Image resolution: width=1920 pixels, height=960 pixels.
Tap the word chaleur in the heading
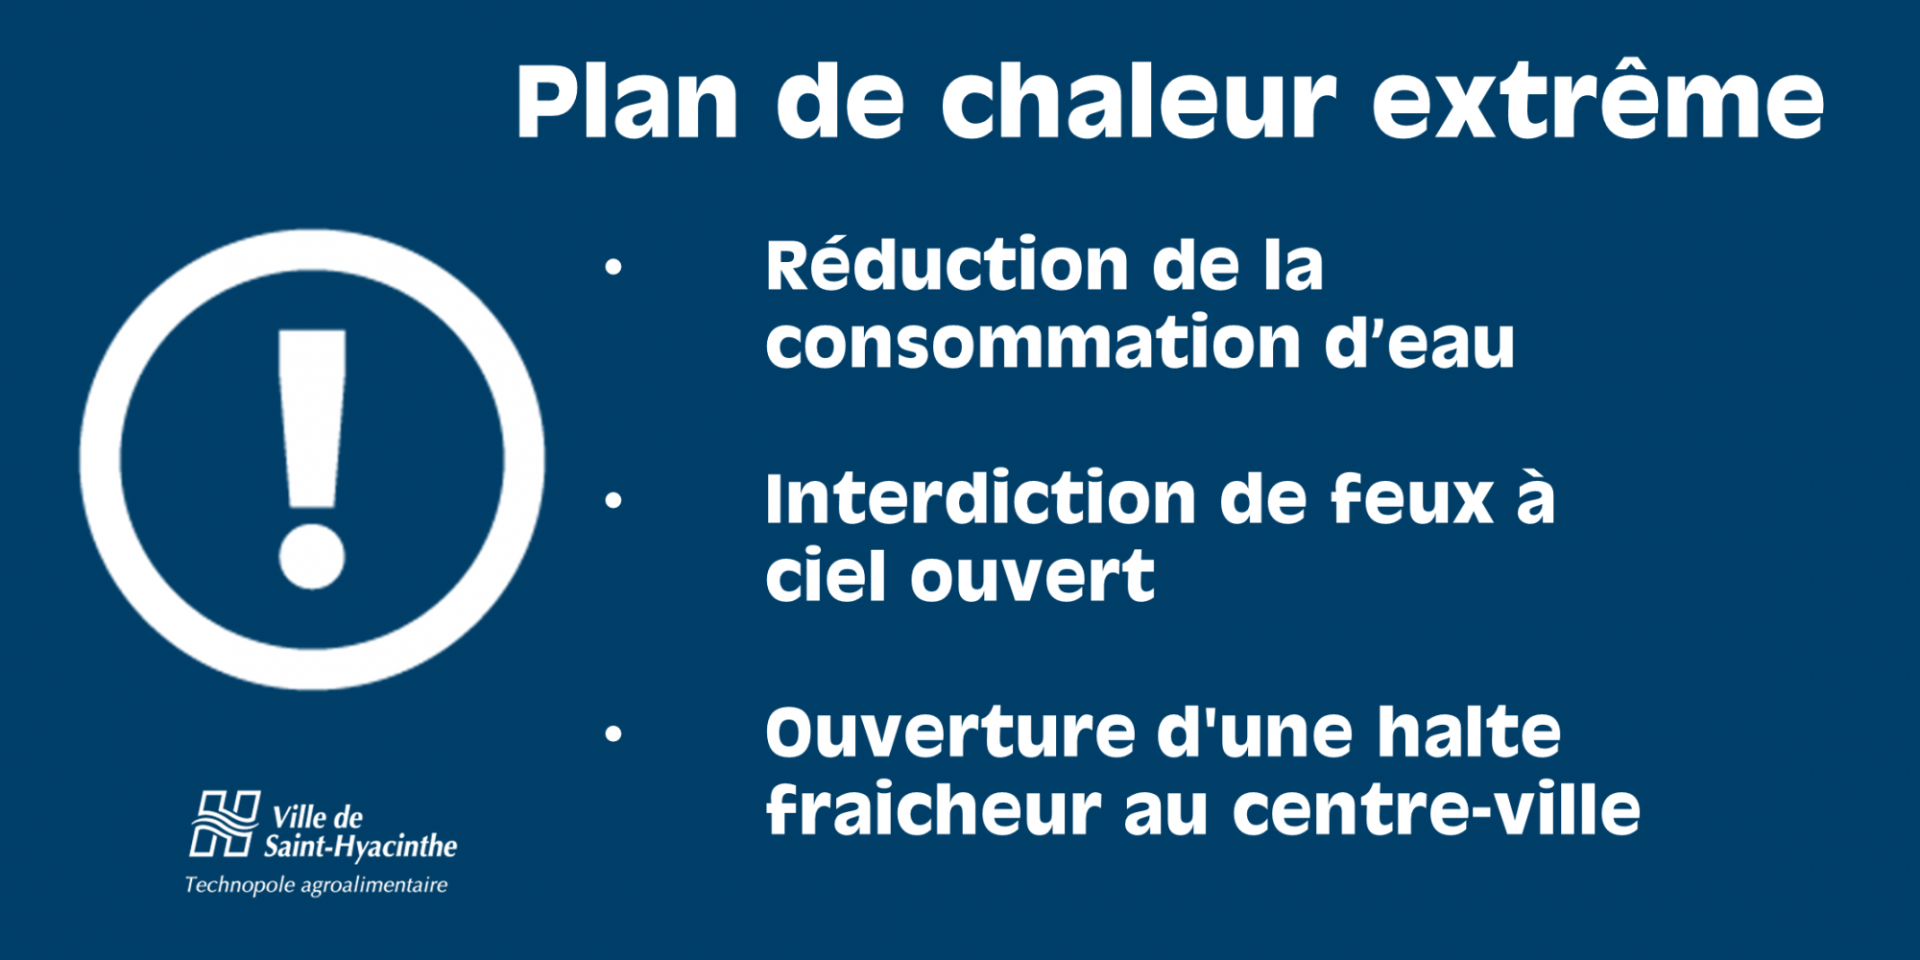[1139, 100]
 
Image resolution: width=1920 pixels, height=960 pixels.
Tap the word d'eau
[1420, 341]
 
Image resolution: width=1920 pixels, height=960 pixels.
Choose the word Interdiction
[980, 498]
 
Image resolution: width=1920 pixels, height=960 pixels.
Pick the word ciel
[827, 575]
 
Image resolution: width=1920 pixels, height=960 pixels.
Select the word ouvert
[1032, 576]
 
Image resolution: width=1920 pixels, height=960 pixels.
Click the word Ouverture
[950, 732]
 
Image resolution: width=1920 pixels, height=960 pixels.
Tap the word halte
[1470, 732]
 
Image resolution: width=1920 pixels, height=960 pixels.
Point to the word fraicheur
[933, 809]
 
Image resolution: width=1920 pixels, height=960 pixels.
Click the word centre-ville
[1436, 809]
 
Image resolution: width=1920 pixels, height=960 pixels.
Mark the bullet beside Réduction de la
[613, 267]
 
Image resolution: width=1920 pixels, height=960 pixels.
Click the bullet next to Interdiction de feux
[613, 500]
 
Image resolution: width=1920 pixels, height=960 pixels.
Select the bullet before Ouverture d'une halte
[613, 734]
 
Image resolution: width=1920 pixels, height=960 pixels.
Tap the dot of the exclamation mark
[312, 556]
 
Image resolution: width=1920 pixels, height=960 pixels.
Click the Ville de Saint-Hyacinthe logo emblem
[225, 824]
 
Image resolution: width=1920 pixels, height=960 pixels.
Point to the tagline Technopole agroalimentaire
[316, 885]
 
